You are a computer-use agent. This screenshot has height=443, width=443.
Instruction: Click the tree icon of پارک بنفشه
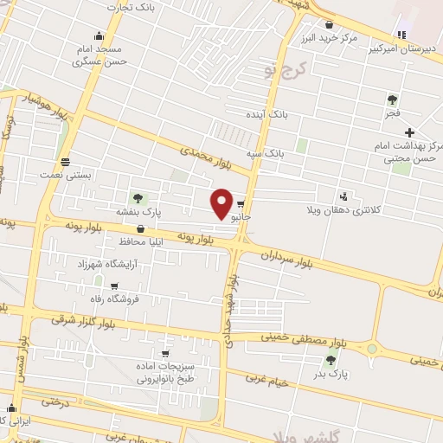137,198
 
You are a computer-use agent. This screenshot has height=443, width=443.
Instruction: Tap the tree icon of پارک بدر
331,361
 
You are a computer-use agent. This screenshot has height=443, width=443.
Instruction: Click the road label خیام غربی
263,378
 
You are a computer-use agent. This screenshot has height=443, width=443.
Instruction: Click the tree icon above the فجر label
392,100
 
